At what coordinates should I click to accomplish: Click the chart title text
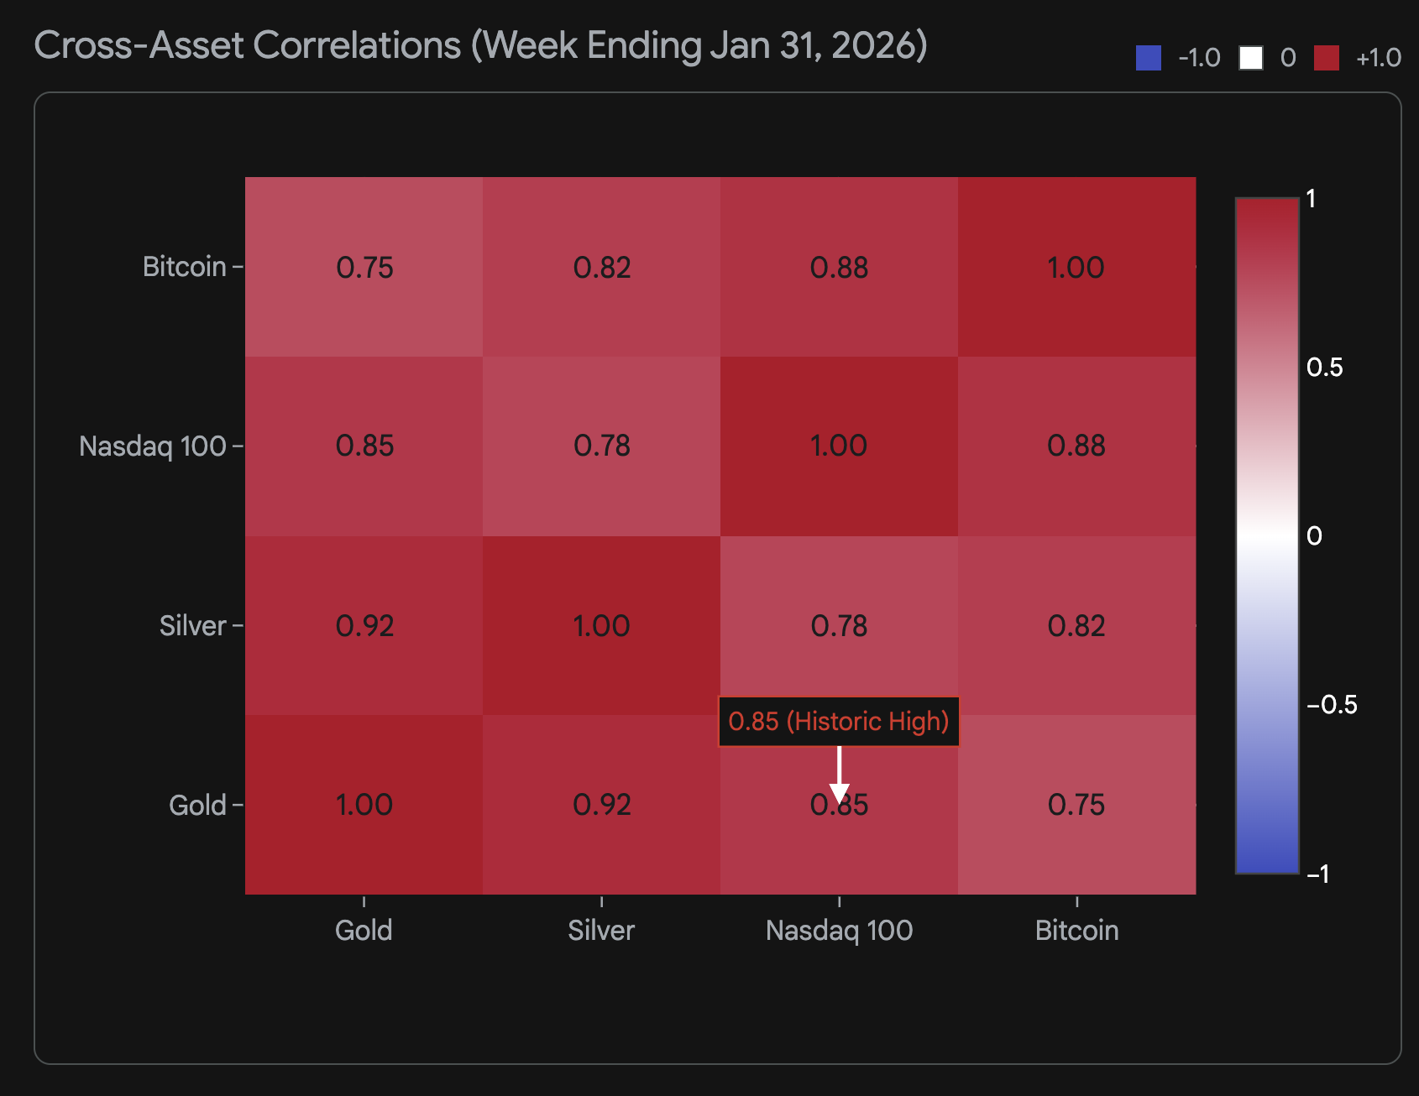[480, 46]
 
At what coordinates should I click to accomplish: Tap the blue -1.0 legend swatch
[1148, 58]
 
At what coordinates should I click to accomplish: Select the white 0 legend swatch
[1250, 58]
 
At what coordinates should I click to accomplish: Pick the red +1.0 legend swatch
[1326, 58]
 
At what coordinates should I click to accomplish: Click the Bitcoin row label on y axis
[184, 267]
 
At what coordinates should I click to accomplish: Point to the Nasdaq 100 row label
[152, 446]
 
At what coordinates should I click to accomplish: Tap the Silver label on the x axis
[600, 930]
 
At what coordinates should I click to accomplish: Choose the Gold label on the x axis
[363, 930]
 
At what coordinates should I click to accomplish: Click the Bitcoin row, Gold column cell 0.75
[364, 267]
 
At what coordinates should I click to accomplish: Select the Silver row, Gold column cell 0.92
[364, 626]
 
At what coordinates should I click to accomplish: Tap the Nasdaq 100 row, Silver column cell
[601, 446]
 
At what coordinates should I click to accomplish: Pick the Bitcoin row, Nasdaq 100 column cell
[839, 267]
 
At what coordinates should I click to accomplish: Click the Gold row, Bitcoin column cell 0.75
[1076, 805]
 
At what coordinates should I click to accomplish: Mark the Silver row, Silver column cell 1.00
[601, 626]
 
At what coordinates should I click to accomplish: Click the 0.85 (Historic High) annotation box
[838, 722]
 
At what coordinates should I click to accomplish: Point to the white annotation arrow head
[839, 793]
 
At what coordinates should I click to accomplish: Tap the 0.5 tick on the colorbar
[1324, 368]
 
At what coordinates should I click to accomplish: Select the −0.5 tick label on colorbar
[1332, 705]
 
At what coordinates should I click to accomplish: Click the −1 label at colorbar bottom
[1318, 874]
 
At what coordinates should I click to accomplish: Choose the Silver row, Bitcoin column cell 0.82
[1076, 626]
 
